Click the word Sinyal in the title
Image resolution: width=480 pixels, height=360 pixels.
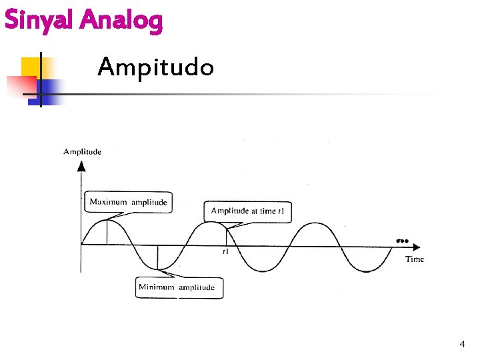[x=39, y=21]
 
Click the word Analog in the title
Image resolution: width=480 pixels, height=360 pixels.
[x=121, y=21]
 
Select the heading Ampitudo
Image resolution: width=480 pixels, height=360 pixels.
[x=155, y=67]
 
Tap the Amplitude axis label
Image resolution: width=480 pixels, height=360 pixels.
[x=83, y=152]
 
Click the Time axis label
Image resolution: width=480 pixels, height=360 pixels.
[x=414, y=259]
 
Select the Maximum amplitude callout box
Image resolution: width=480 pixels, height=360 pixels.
[x=128, y=202]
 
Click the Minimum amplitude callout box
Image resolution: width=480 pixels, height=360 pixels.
[x=177, y=287]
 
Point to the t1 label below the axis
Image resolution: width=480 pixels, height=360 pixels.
[x=226, y=252]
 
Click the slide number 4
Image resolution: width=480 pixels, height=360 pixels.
[x=462, y=344]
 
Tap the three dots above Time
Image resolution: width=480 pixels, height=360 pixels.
[x=402, y=240]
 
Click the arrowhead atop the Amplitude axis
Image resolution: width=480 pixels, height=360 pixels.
[x=81, y=164]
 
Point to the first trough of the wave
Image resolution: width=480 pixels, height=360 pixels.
[x=158, y=269]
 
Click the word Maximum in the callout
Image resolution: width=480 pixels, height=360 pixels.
[x=108, y=202]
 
